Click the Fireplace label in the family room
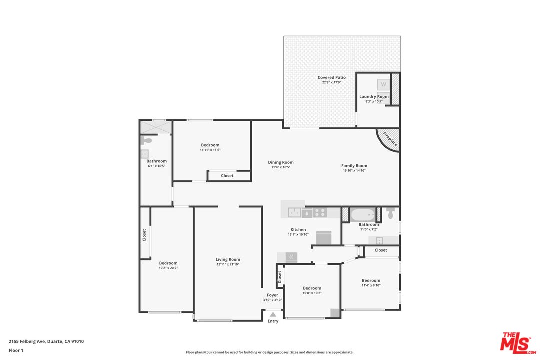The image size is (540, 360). point(390,139)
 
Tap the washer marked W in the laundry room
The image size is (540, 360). point(383,84)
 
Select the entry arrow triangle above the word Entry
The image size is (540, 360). point(273,314)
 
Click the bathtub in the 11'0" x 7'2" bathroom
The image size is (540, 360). point(363,215)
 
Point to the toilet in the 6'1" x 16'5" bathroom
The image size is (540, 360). point(146,140)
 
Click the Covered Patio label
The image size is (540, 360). point(331,77)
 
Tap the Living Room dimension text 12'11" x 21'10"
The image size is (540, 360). point(228,264)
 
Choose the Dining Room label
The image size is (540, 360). point(281,162)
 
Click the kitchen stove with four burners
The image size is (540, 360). point(320,213)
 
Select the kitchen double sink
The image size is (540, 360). point(294,213)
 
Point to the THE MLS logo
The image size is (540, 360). point(518,343)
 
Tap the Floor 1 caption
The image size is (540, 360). point(16,350)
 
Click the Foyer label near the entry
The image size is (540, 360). point(273,295)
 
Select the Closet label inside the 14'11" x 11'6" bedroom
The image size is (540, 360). point(227,175)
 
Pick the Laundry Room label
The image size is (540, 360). point(374,97)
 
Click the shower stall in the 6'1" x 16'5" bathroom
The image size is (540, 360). point(156,127)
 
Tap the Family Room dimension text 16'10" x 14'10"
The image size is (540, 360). point(354,170)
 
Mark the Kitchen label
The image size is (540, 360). point(298,230)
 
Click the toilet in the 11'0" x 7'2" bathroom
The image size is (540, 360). point(390,213)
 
